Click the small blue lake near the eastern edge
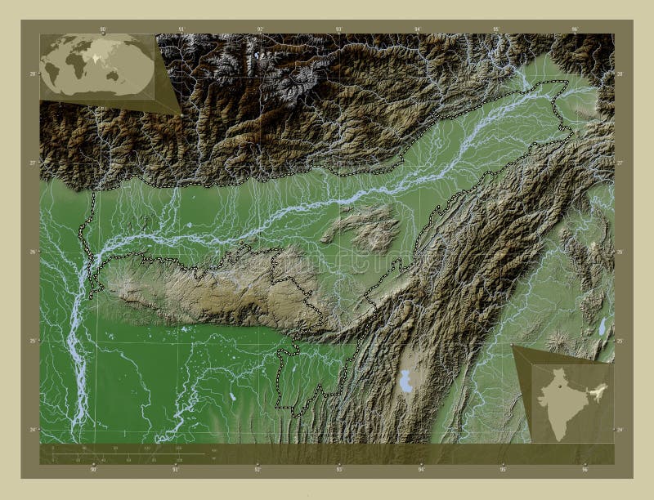602,327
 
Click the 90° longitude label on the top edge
103,29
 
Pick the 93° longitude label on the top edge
338,29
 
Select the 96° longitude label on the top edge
575,29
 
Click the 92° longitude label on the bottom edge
258,470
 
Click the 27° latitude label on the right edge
620,163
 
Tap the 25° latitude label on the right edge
620,341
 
